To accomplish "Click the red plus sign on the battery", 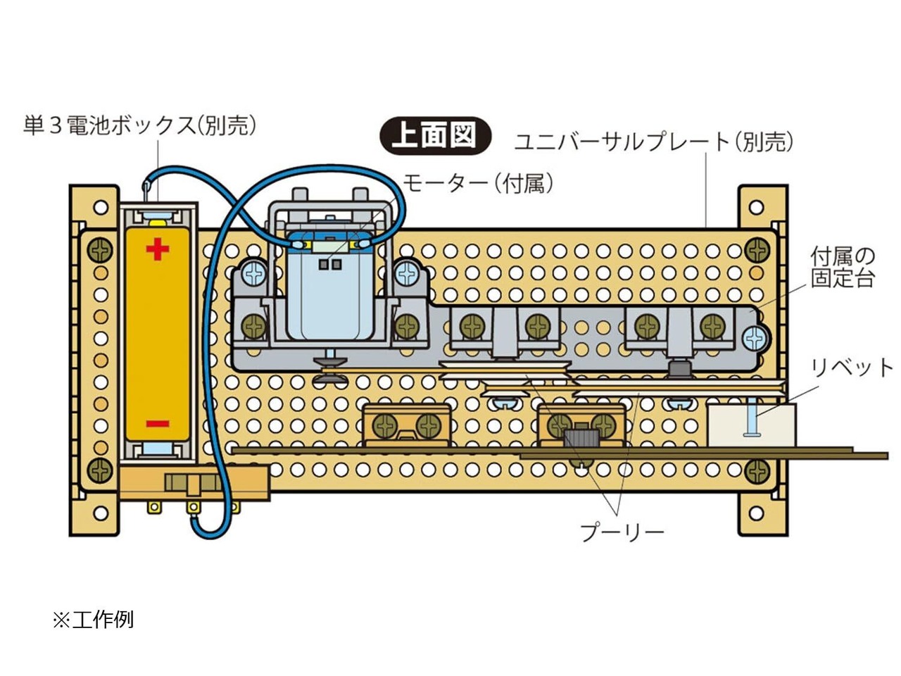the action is pyautogui.click(x=157, y=249).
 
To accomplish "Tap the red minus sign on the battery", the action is pyautogui.click(x=157, y=423).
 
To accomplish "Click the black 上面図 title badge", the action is pyautogui.click(x=436, y=136).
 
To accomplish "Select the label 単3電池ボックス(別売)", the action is pyautogui.click(x=139, y=125).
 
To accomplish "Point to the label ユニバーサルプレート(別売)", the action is pyautogui.click(x=653, y=142).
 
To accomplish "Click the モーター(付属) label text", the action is pyautogui.click(x=478, y=183).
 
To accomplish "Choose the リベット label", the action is pyautogui.click(x=851, y=368).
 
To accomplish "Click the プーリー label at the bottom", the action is pyautogui.click(x=622, y=532).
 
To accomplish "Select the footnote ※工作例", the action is pyautogui.click(x=93, y=620).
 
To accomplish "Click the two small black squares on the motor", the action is pyautogui.click(x=330, y=264).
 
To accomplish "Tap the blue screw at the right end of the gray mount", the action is pyautogui.click(x=755, y=339).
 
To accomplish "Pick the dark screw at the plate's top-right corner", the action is pyautogui.click(x=757, y=251).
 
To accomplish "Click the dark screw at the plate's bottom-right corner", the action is pyautogui.click(x=757, y=471).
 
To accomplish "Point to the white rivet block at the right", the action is pyautogui.click(x=751, y=425).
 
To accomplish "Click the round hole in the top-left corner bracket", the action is pyautogui.click(x=101, y=207).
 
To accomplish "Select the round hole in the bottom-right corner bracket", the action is pyautogui.click(x=756, y=513).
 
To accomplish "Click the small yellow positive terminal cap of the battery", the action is pyautogui.click(x=157, y=223).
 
